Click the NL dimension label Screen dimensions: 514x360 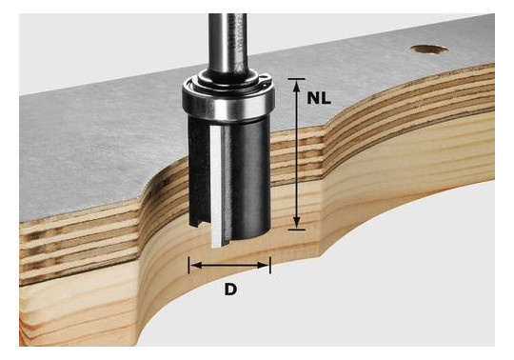click(319, 98)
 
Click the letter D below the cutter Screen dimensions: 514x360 click(230, 290)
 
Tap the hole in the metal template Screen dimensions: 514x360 click(429, 50)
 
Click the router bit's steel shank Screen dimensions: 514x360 click(227, 44)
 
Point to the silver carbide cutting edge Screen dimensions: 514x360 click(216, 187)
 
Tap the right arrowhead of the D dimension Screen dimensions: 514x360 click(263, 266)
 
